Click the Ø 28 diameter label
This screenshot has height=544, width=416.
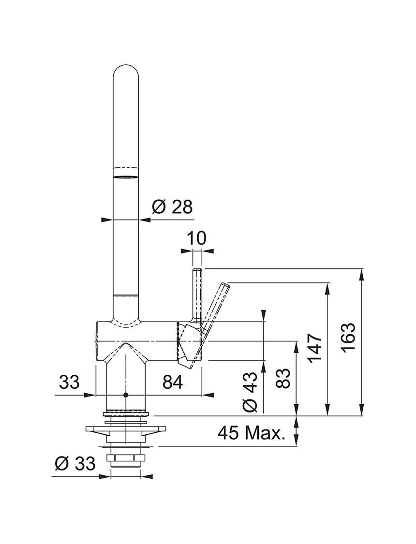point(172,207)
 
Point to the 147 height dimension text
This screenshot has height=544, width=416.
point(316,349)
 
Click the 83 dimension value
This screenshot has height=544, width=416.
point(284,379)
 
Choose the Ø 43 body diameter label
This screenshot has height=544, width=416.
point(250,392)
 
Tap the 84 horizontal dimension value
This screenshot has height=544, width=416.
point(172,382)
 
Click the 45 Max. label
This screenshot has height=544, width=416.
point(251,433)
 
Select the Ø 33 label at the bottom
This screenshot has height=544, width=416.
point(75,463)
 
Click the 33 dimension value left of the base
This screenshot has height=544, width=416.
point(69,382)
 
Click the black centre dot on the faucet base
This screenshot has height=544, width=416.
point(126,395)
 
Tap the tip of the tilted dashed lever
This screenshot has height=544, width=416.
point(226,285)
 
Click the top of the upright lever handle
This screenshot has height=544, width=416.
point(197,269)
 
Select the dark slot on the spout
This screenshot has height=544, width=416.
point(126,177)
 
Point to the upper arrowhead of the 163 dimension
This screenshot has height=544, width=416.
point(362,274)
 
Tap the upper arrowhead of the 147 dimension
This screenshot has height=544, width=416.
point(327,289)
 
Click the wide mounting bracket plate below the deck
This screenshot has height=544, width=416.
point(126,429)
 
